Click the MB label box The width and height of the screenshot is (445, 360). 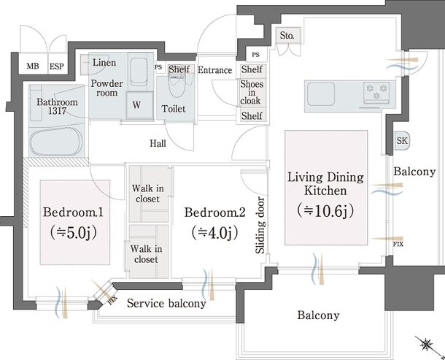[x=33, y=66]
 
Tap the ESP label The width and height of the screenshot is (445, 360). [x=56, y=66]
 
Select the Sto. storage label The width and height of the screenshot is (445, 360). [x=287, y=35]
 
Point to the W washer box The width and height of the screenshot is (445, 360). [x=136, y=104]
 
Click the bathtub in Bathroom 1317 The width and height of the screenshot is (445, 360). [x=57, y=141]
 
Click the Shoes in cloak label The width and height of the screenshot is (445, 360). [x=252, y=93]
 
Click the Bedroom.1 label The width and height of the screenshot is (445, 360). [x=71, y=212]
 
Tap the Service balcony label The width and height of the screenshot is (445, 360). [x=166, y=303]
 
